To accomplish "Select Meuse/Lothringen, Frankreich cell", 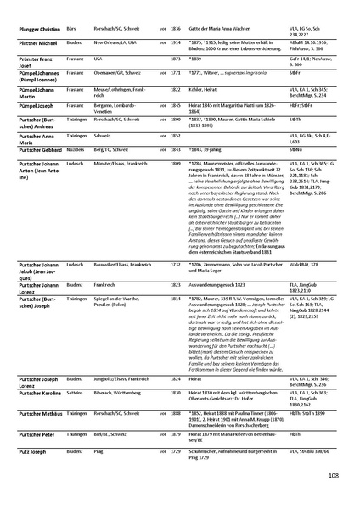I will click(x=115, y=88).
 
